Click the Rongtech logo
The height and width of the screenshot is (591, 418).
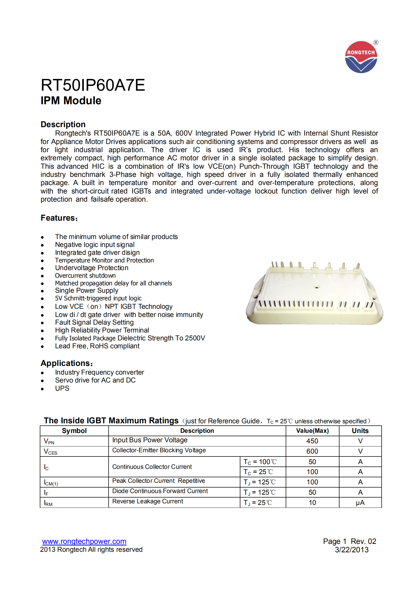coord(361,57)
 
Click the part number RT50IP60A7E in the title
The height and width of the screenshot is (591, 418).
coord(93,85)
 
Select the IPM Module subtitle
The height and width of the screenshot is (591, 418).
coord(71,101)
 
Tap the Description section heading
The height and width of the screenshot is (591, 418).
coord(63,124)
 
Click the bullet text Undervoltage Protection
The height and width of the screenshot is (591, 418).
coord(91,268)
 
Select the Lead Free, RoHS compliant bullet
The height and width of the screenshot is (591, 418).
coord(97,346)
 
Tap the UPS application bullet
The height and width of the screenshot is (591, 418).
coord(62,389)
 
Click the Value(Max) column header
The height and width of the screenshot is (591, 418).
coord(312,431)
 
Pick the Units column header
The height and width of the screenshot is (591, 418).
coord(360,431)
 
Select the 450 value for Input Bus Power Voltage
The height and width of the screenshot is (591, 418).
coord(312,441)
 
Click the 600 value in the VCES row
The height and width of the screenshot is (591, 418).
coord(312,451)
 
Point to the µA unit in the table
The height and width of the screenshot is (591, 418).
coord(360,503)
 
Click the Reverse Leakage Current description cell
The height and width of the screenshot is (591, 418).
coord(148,501)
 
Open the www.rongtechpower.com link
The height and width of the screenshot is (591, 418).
coord(84,542)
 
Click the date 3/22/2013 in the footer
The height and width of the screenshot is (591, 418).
coord(352,550)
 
